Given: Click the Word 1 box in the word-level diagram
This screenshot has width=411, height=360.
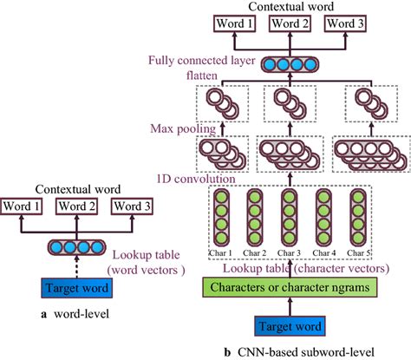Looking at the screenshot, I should click(x=23, y=208).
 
